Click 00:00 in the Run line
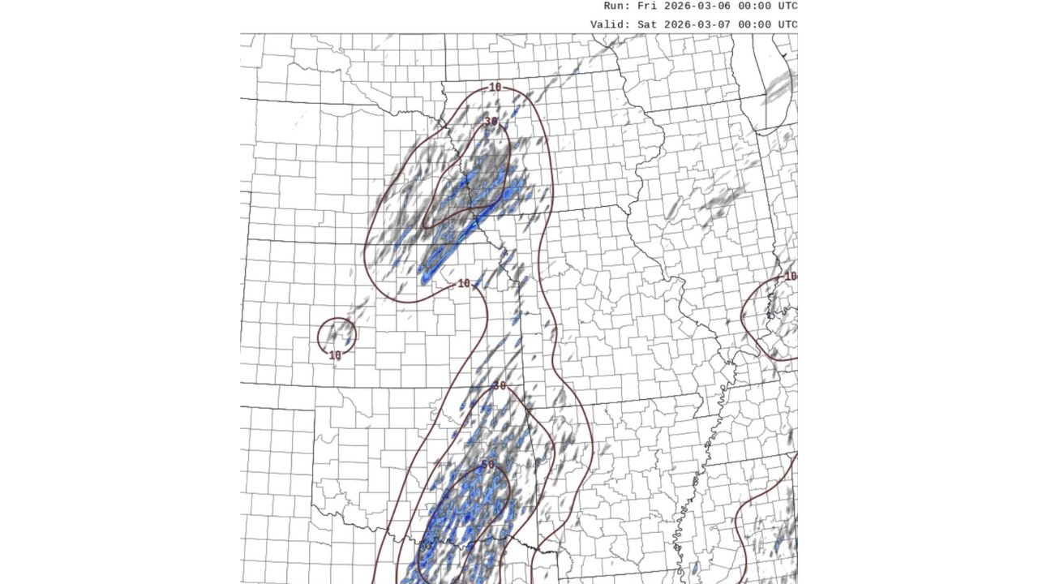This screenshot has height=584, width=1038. pos(753,6)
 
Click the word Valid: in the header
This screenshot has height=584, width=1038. pos(611,24)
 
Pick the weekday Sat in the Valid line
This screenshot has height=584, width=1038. pos(648,24)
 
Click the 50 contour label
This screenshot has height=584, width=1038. pos(487,465)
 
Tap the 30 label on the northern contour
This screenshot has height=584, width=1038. pos(491,122)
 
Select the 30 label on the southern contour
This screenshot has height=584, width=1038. pos(499,386)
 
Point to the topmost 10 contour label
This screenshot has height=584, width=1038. pos(495,88)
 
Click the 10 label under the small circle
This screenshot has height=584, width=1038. pos(335,355)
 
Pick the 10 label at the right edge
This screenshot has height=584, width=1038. pos(790,277)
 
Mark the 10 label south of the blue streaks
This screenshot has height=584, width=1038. pos(464,284)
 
